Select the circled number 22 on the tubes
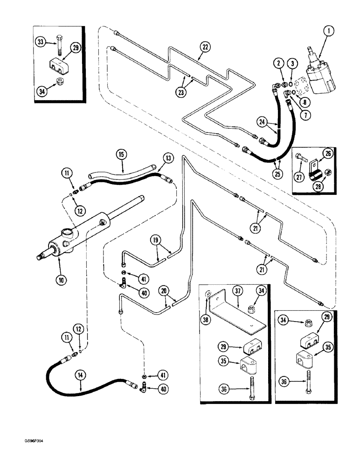point(204,47)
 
